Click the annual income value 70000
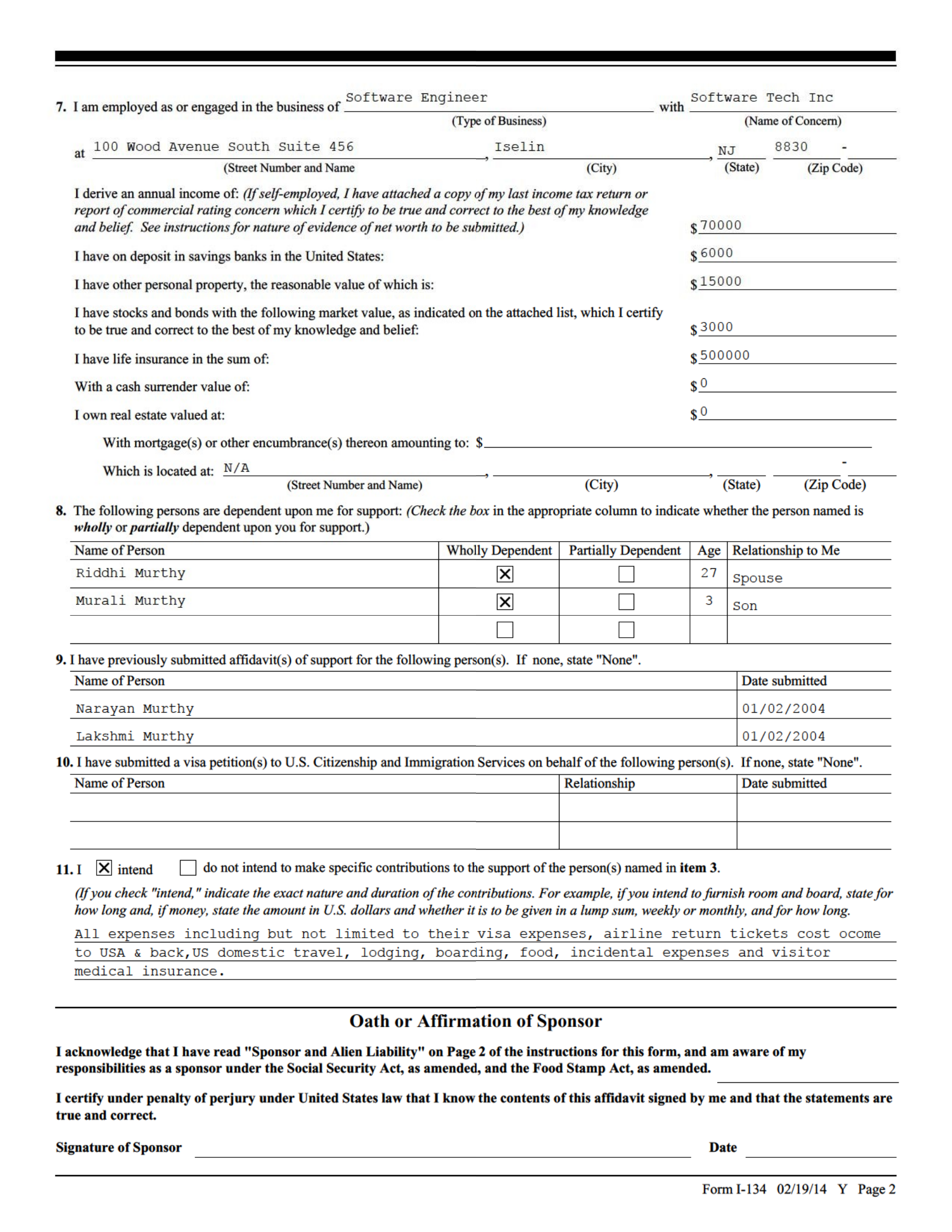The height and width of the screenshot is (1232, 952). (x=721, y=225)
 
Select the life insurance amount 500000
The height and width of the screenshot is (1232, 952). (x=724, y=356)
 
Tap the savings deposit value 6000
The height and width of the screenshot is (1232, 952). (x=717, y=253)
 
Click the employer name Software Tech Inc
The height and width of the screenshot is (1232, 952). (x=761, y=98)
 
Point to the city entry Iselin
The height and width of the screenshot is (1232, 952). (x=519, y=147)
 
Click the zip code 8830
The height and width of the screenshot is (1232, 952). (x=791, y=147)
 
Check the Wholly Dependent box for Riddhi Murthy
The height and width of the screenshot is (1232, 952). (x=505, y=575)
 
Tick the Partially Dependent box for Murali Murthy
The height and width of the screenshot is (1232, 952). (x=626, y=602)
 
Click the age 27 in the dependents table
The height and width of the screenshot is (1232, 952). (x=709, y=573)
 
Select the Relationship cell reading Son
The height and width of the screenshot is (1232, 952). (x=745, y=606)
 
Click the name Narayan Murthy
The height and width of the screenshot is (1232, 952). (x=135, y=709)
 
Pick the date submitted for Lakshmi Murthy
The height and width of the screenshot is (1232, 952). (x=783, y=737)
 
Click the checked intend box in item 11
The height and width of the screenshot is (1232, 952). (x=104, y=868)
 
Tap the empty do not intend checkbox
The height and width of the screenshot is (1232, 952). (x=187, y=868)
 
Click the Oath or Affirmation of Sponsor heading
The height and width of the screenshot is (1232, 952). (x=475, y=1022)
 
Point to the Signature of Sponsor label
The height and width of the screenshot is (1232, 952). (x=118, y=1148)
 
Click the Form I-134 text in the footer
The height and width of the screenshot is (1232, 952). (x=734, y=1190)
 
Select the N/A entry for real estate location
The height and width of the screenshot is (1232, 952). (x=236, y=468)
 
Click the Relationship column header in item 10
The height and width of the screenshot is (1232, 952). (x=599, y=784)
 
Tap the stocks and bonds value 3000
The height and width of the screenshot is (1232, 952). (x=717, y=327)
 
